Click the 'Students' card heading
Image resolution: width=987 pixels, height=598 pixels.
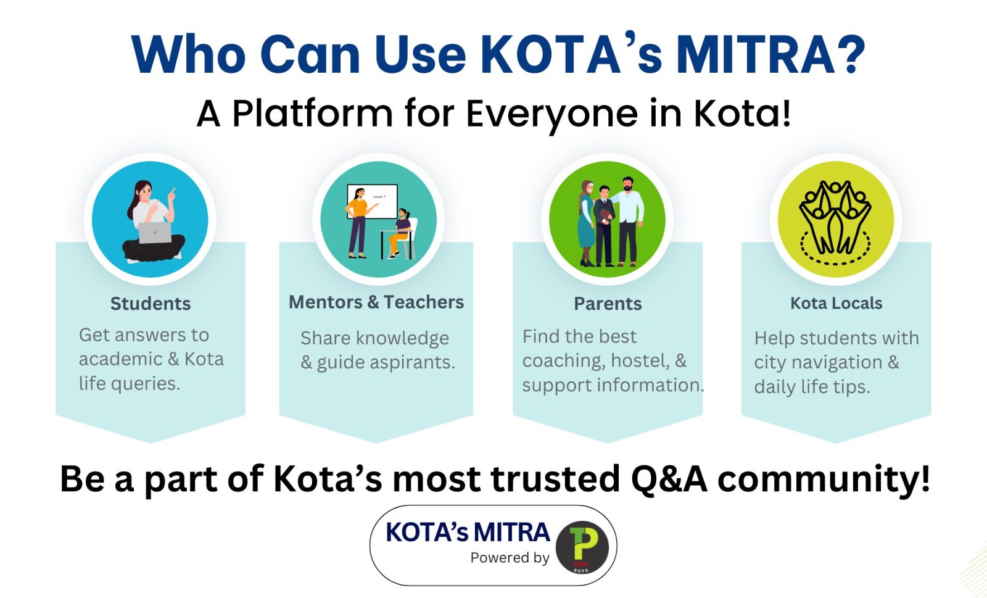(x=151, y=304)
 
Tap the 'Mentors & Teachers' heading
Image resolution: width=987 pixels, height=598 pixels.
(x=376, y=302)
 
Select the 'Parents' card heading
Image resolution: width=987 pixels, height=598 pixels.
(x=608, y=304)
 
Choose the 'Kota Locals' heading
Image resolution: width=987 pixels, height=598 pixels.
(x=836, y=303)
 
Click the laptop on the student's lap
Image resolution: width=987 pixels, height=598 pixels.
(x=155, y=233)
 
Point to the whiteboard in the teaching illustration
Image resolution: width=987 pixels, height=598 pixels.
(x=373, y=201)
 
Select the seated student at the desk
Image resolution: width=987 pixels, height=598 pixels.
(x=400, y=233)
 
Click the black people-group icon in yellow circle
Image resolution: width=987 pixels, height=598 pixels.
(x=835, y=223)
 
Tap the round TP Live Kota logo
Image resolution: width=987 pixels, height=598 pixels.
(x=582, y=547)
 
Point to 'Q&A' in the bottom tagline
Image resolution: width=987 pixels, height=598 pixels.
(x=669, y=479)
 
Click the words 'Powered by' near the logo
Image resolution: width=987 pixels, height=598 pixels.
(x=510, y=558)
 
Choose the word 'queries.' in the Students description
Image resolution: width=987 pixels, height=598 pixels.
(x=145, y=384)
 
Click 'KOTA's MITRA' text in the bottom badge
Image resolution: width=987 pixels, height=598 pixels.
(x=468, y=533)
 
